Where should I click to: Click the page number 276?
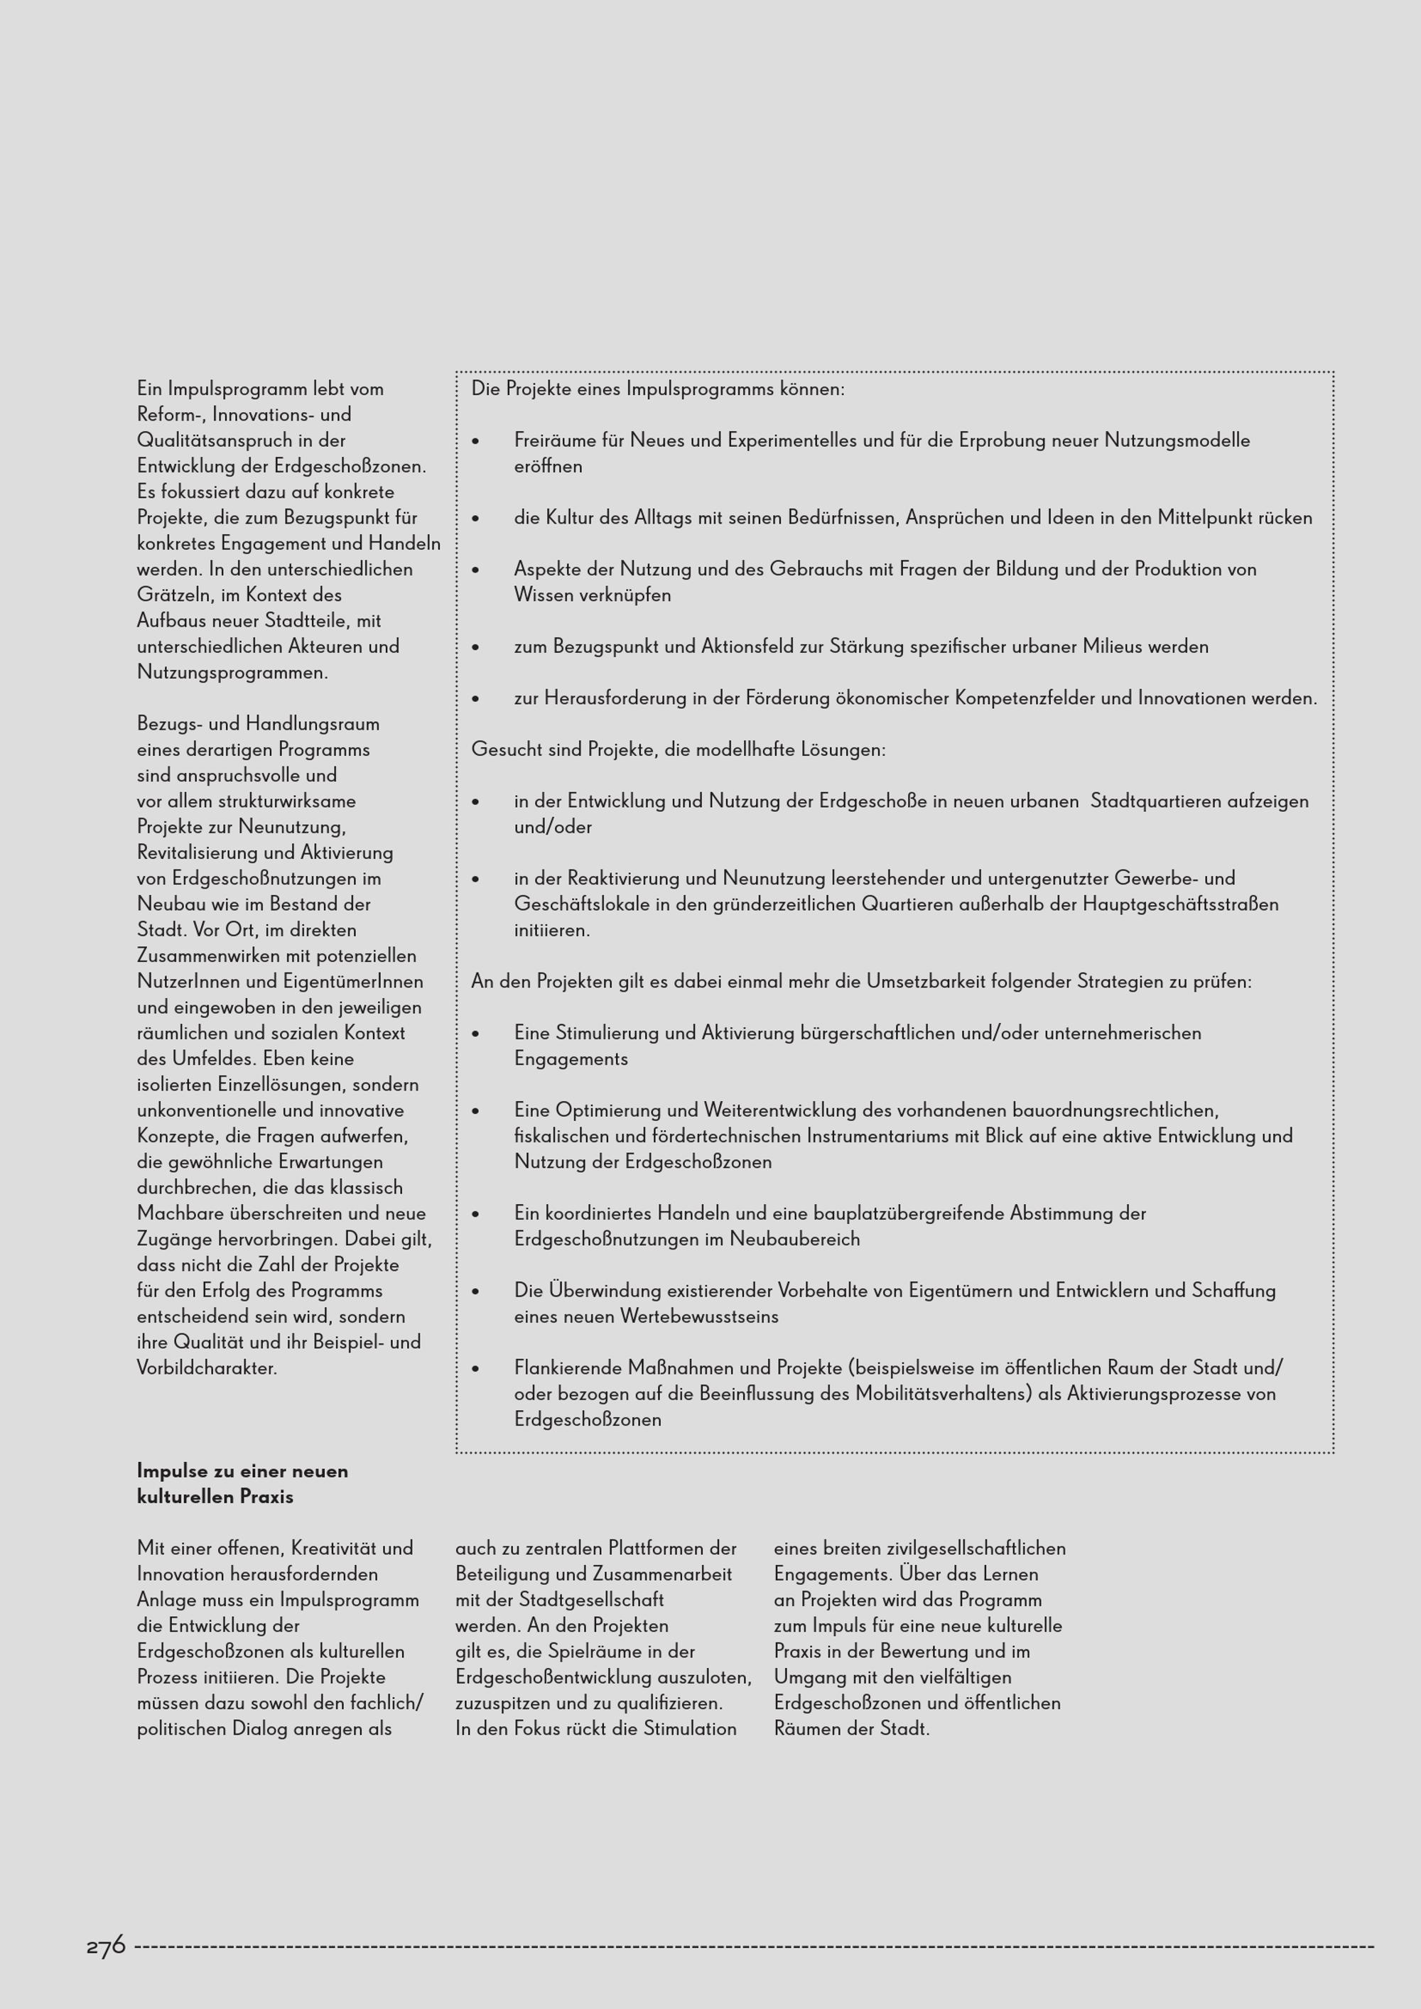[106, 1945]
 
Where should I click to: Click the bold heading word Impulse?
[173, 1471]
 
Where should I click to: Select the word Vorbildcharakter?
[207, 1368]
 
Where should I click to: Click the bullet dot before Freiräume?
[476, 441]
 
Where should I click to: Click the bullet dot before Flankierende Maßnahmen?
[476, 1368]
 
